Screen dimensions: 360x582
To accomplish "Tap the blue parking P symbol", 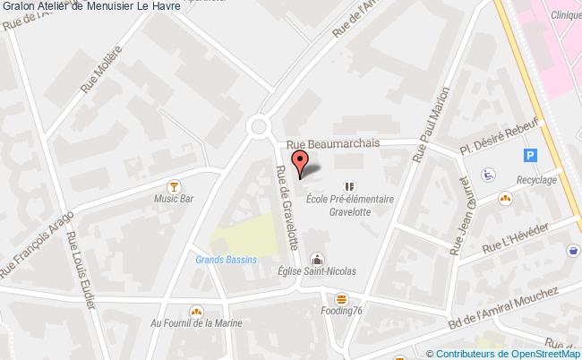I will [530, 155].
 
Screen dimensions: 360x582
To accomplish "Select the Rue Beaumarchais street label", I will [333, 142].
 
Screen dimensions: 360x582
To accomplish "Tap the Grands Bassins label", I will [227, 260].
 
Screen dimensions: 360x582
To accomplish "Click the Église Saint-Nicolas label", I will [317, 271].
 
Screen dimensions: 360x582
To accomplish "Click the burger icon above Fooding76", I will [341, 297].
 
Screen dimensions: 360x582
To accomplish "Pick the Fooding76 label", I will [341, 311].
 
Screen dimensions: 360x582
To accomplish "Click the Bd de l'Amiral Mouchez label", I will [504, 306].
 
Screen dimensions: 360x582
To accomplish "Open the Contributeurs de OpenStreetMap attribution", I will [505, 352].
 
